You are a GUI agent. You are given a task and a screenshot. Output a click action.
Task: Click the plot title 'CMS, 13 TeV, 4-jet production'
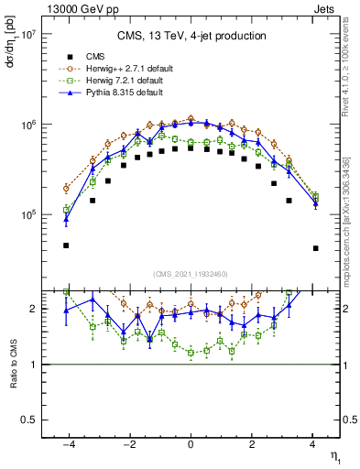click(191, 37)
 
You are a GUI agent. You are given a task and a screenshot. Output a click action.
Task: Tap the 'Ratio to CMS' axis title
click(12, 364)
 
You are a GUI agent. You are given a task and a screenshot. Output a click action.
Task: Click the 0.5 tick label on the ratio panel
click(27, 420)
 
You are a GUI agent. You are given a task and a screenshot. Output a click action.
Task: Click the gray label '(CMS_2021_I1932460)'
click(191, 274)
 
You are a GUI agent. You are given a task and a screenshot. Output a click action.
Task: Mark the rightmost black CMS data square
click(315, 247)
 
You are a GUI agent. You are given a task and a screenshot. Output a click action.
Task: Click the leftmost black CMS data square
click(66, 245)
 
